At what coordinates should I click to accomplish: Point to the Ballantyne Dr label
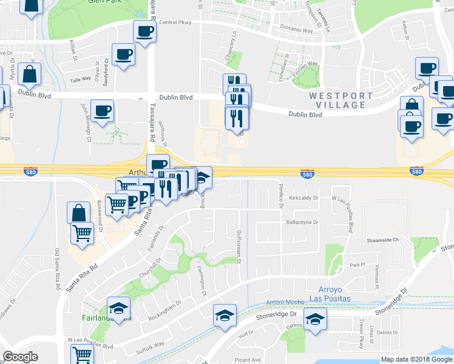(302, 223)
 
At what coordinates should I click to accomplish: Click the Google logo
(20, 357)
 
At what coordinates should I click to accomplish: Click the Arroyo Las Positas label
(335, 294)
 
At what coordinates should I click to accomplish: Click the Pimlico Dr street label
(281, 195)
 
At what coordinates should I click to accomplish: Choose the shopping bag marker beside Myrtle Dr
(29, 75)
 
